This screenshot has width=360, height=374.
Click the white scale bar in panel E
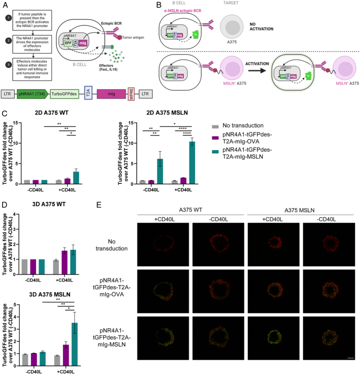pyautogui.click(x=349, y=358)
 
